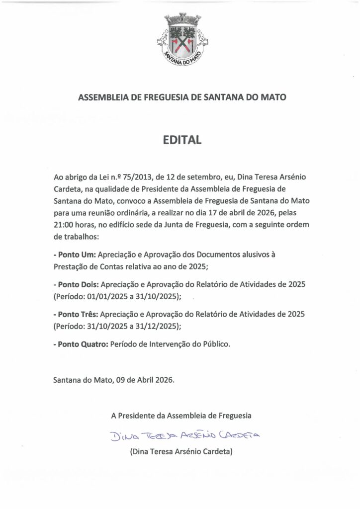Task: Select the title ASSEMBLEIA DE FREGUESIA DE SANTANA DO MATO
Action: click(182, 98)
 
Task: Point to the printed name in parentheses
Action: click(181, 452)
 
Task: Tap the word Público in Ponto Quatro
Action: click(216, 344)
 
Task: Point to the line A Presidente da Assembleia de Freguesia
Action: click(181, 415)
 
